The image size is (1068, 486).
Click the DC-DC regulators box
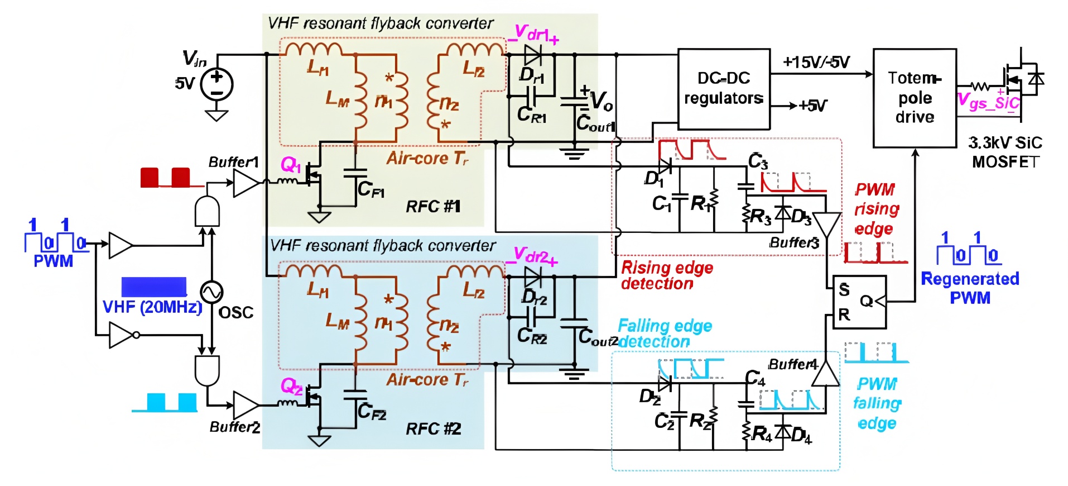(x=724, y=89)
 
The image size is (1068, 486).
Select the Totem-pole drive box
(x=915, y=98)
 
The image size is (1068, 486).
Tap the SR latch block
(x=859, y=302)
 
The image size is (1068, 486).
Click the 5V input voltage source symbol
(x=217, y=84)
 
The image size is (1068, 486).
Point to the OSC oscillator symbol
(x=211, y=291)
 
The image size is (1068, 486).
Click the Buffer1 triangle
(x=245, y=183)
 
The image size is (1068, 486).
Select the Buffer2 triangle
(x=245, y=405)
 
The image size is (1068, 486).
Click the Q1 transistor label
(x=291, y=164)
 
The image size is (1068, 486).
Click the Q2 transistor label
(x=291, y=385)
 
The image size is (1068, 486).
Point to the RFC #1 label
(x=433, y=207)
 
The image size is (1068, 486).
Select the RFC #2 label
(x=433, y=428)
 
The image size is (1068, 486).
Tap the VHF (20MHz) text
(x=152, y=307)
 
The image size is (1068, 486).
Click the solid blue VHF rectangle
(x=154, y=287)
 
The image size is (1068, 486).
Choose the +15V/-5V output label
(x=816, y=62)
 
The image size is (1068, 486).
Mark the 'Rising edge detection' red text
(x=667, y=275)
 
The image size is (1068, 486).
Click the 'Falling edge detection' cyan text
(x=664, y=333)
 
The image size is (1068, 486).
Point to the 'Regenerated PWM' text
(x=970, y=288)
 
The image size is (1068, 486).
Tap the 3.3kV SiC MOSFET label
(x=1005, y=152)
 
